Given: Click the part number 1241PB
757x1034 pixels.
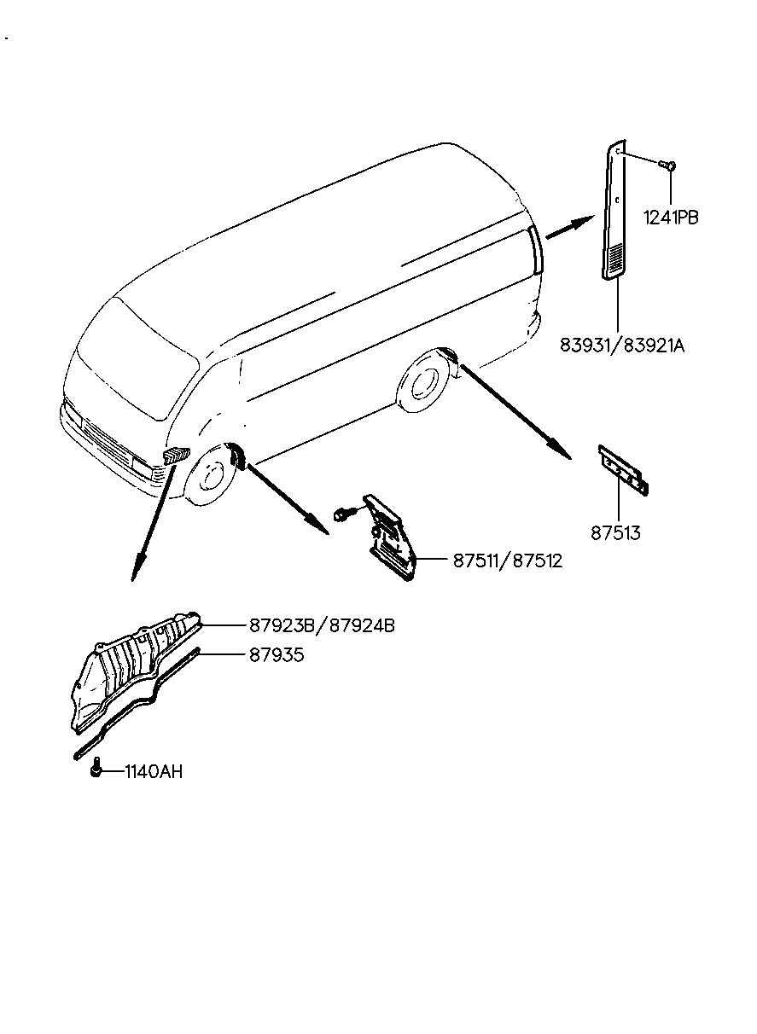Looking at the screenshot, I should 672,218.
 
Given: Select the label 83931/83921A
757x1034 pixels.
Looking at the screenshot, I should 622,346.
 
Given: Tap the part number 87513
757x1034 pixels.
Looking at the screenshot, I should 615,534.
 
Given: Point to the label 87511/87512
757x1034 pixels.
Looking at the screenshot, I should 507,561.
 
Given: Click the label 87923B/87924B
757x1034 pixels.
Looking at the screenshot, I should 323,625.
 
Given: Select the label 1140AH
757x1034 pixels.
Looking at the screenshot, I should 154,773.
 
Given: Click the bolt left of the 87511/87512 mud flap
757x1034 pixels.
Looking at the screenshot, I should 342,514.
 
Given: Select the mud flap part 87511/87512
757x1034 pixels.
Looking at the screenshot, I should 391,537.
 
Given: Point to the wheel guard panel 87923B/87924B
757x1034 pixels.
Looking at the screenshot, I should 137,670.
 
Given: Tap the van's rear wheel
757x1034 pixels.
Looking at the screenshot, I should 421,385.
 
